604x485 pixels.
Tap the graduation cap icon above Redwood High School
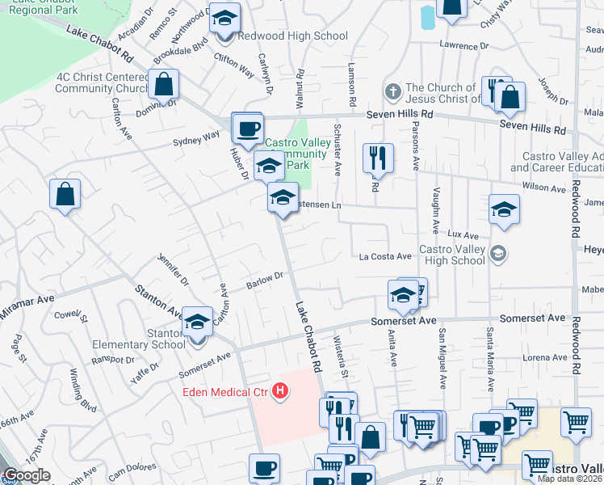225,19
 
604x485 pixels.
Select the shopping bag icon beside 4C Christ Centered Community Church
163,85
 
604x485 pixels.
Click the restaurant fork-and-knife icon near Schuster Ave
377,158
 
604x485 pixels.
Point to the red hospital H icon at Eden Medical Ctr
280,392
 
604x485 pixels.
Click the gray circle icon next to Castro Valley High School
499,254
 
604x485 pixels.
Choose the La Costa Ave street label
386,257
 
